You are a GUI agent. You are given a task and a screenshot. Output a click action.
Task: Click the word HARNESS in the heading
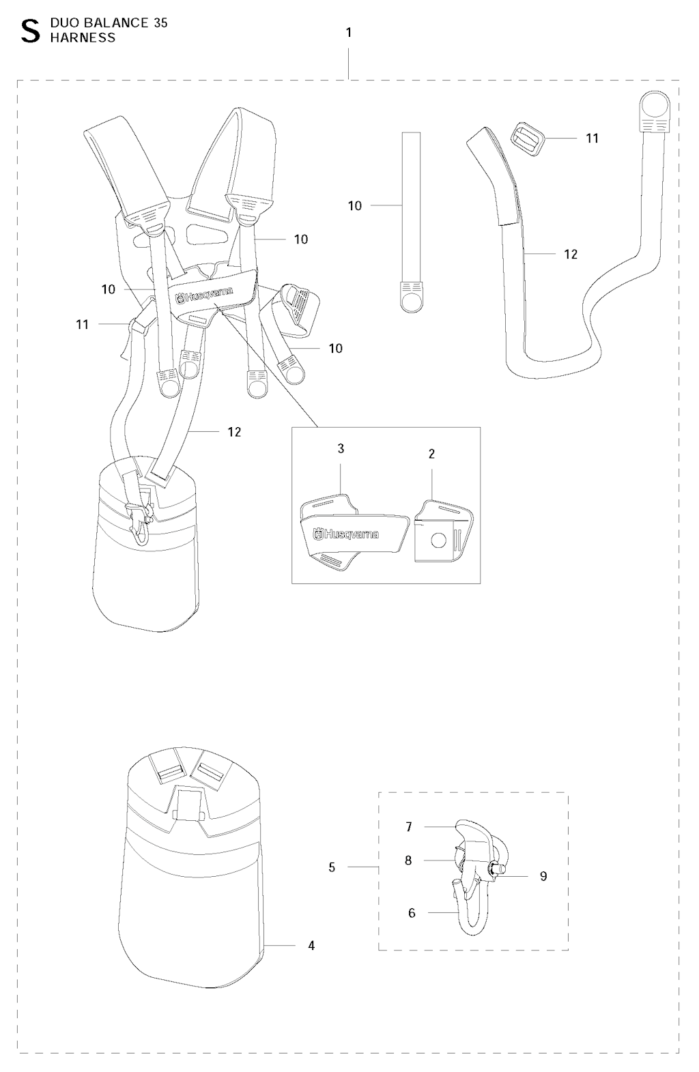click(x=83, y=38)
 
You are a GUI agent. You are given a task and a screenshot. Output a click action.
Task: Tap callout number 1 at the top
click(x=349, y=33)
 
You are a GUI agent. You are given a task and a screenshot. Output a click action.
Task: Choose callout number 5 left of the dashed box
click(x=332, y=867)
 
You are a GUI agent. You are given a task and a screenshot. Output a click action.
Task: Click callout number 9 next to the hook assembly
click(x=543, y=875)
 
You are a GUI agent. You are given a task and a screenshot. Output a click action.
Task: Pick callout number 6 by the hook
click(x=412, y=913)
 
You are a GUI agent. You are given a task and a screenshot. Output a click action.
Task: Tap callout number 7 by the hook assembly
click(x=409, y=827)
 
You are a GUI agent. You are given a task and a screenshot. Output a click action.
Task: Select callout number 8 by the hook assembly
click(x=408, y=860)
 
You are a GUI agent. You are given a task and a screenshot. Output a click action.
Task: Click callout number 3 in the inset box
click(x=341, y=448)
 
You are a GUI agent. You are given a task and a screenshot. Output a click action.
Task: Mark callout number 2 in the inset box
click(x=431, y=454)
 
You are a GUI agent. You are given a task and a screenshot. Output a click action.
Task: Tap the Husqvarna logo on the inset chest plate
click(x=345, y=534)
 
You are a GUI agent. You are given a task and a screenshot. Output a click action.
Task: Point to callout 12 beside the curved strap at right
click(x=571, y=254)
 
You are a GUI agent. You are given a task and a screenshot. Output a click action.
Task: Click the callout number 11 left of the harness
click(x=83, y=325)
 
